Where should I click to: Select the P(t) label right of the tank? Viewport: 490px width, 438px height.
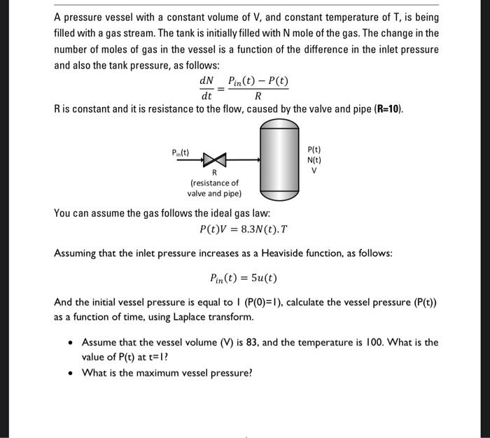[314, 149]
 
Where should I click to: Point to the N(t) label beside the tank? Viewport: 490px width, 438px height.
[314, 159]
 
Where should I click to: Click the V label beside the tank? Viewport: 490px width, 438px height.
[314, 169]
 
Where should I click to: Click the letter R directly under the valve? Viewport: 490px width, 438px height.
[214, 172]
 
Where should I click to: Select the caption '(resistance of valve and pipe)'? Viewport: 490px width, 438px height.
[214, 188]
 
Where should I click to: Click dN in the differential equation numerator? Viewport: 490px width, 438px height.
[206, 81]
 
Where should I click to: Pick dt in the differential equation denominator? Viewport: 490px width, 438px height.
[206, 97]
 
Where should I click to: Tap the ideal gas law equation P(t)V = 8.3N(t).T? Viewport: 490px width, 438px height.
[244, 229]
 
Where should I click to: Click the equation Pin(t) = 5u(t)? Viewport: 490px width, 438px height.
[244, 278]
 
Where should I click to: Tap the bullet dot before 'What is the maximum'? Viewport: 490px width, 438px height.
[71, 373]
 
